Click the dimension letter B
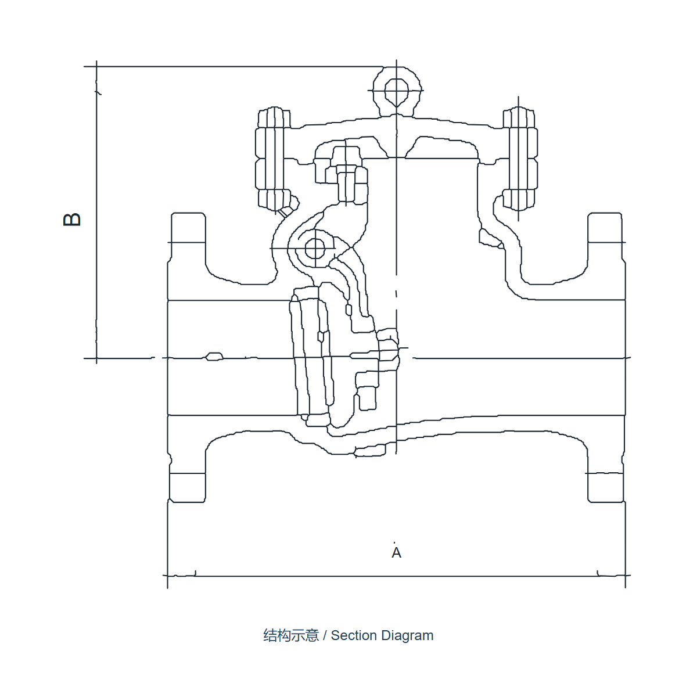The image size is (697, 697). [72, 220]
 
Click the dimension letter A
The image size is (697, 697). [397, 553]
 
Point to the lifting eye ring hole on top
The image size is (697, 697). [397, 92]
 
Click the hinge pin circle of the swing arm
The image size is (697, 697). [315, 249]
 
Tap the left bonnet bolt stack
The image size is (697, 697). [274, 159]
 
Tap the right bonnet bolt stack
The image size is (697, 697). [519, 159]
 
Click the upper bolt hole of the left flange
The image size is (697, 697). [188, 228]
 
